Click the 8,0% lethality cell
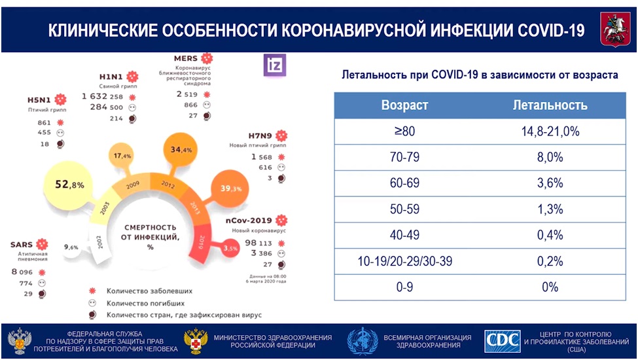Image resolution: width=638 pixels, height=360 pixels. (x=550, y=157)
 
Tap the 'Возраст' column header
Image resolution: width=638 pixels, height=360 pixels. (x=405, y=105)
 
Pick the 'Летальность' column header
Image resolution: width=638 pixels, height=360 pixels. (x=550, y=105)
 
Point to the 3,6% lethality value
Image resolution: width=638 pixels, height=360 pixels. (x=550, y=183)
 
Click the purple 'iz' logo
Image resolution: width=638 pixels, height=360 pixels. (x=272, y=64)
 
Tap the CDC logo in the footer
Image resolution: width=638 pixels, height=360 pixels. (x=502, y=341)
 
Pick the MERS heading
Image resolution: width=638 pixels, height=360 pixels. (x=187, y=58)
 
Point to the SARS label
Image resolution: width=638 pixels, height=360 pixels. (x=22, y=245)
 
